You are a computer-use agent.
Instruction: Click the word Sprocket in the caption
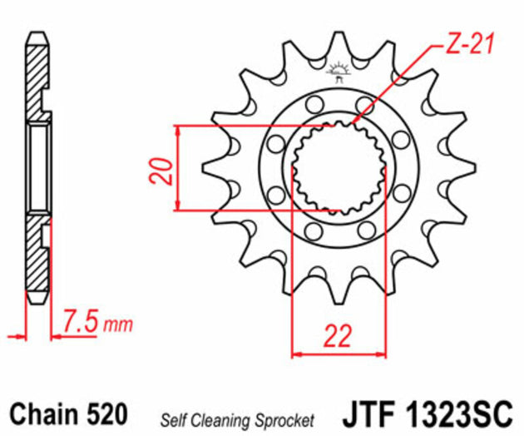tap(284, 418)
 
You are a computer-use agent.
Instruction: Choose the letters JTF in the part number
tap(367, 414)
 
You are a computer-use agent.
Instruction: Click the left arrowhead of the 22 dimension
tap(294, 354)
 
